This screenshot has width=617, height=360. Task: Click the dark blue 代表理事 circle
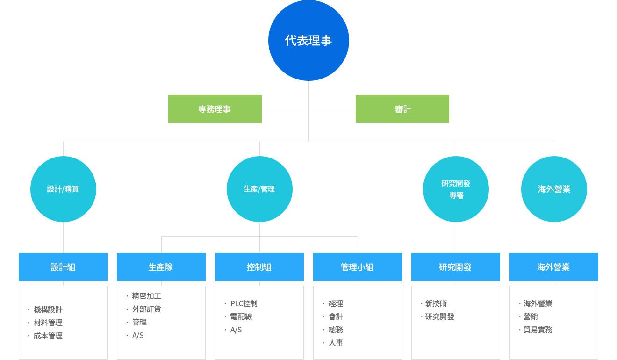tap(308, 40)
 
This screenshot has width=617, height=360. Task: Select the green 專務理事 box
tap(215, 109)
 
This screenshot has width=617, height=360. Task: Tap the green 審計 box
tap(402, 109)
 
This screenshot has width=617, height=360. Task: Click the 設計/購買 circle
tap(63, 189)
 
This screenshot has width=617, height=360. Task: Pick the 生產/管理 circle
tap(259, 189)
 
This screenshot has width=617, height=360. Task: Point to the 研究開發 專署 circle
tap(456, 189)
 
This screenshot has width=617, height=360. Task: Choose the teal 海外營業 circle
tap(554, 189)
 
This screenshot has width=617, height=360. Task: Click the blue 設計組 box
tap(63, 267)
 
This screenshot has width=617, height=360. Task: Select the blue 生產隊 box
tap(161, 267)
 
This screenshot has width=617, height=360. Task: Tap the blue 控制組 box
tap(259, 267)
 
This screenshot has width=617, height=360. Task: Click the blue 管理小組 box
tap(358, 267)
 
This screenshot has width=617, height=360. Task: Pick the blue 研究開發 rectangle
tap(456, 267)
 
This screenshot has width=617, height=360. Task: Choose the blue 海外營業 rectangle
tap(554, 267)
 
